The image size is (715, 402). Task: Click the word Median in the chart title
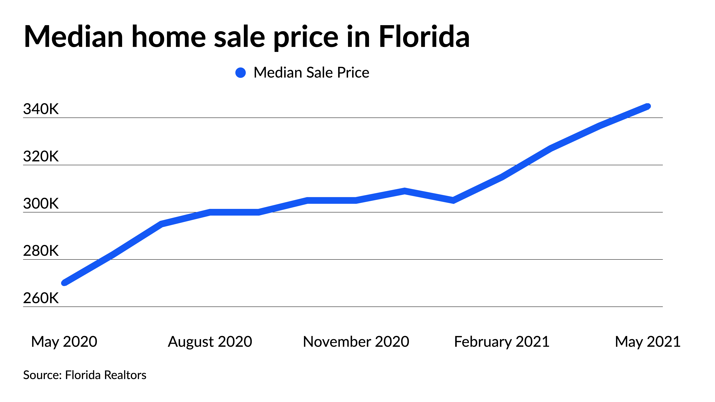(x=74, y=37)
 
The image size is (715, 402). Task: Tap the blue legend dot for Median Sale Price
(x=240, y=73)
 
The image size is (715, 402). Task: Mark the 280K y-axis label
(x=41, y=251)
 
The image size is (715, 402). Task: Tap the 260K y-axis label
(x=41, y=298)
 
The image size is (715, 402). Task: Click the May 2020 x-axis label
(x=64, y=342)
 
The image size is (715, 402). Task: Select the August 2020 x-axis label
(x=210, y=342)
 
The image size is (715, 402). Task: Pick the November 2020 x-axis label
(x=356, y=342)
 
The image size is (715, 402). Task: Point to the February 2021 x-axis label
(x=502, y=342)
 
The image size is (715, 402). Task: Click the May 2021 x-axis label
(x=648, y=342)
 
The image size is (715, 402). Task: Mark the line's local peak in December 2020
(x=404, y=191)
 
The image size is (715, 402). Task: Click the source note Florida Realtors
(x=85, y=375)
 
